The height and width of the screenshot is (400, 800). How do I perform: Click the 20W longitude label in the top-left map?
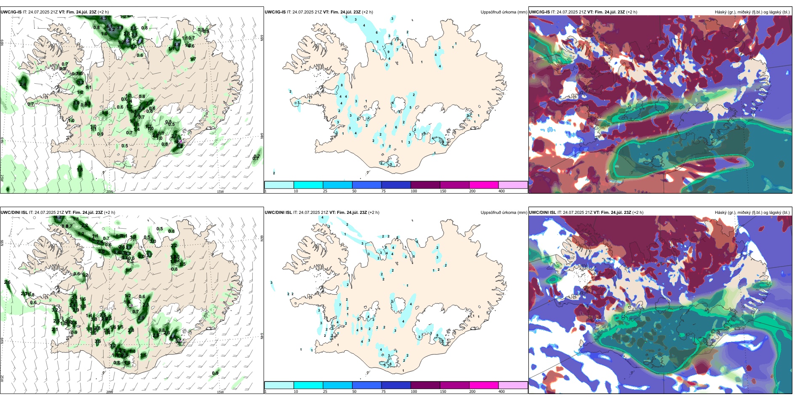tap(109, 192)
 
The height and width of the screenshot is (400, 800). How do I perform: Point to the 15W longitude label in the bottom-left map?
tap(220, 392)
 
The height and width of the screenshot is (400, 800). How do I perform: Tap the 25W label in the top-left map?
tap(2, 178)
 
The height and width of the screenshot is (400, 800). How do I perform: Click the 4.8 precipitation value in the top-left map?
tap(177, 44)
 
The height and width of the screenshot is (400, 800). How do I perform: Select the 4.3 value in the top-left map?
tap(104, 18)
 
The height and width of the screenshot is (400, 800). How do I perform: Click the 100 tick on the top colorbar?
tap(414, 191)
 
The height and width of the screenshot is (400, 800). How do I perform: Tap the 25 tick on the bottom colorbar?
tap(325, 392)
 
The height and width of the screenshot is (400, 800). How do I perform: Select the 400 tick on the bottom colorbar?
tap(501, 392)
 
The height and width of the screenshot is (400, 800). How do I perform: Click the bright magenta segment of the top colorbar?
tap(484, 185)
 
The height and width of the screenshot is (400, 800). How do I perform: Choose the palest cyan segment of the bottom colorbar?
tap(279, 385)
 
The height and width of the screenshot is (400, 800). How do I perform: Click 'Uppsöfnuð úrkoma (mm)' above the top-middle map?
tap(504, 12)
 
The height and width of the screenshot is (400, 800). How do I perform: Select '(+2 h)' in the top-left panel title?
tap(103, 12)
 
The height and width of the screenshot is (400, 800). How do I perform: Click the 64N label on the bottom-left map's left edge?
tap(2, 340)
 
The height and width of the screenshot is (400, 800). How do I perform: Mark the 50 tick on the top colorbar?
tap(354, 191)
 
